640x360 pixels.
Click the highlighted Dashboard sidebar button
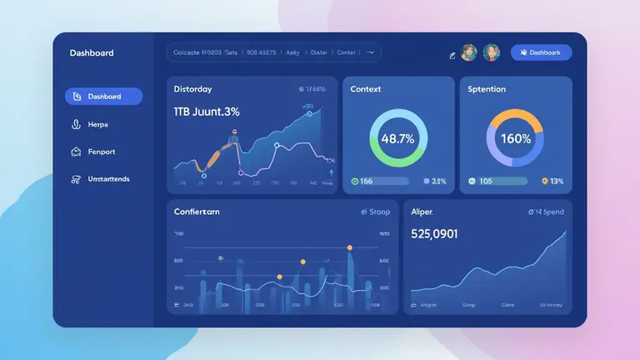click(x=103, y=97)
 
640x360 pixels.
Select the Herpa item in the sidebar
click(x=97, y=124)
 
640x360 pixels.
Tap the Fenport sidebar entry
click(x=100, y=152)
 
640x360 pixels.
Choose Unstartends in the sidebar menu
click(x=107, y=179)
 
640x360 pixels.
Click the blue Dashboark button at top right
click(x=541, y=52)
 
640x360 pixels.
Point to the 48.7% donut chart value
click(x=397, y=139)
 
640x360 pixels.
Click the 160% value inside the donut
click(x=515, y=139)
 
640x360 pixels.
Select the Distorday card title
click(x=192, y=89)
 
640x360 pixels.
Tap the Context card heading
click(x=366, y=89)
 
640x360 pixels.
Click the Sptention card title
click(x=487, y=89)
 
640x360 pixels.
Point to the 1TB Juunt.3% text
click(x=207, y=112)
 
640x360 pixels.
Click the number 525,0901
click(x=434, y=234)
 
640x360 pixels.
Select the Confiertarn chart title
click(x=197, y=212)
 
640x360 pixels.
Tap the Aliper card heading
click(x=422, y=212)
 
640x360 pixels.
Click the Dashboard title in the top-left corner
click(x=92, y=53)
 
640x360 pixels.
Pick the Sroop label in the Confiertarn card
click(x=378, y=212)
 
